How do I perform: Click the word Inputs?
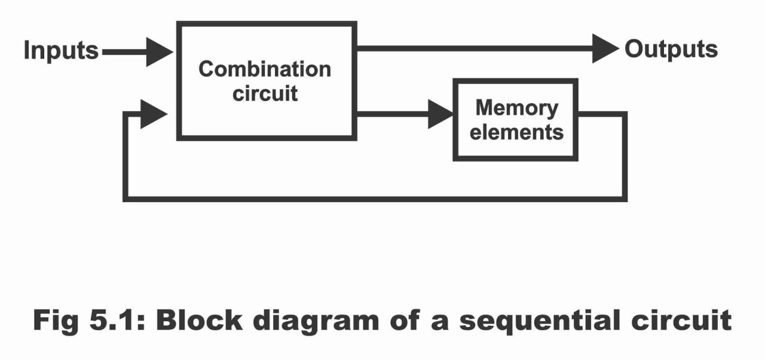pyautogui.click(x=61, y=51)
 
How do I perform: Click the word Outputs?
pyautogui.click(x=671, y=49)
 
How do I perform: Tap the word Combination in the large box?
pyautogui.click(x=264, y=69)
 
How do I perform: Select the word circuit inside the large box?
pyautogui.click(x=265, y=94)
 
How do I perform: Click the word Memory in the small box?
pyautogui.click(x=516, y=108)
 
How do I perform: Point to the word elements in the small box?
pyautogui.click(x=516, y=132)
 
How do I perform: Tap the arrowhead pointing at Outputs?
pyautogui.click(x=604, y=48)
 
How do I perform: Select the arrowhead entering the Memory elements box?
pyautogui.click(x=440, y=114)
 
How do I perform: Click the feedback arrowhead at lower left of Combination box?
pyautogui.click(x=152, y=114)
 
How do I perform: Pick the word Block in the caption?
pyautogui.click(x=201, y=321)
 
